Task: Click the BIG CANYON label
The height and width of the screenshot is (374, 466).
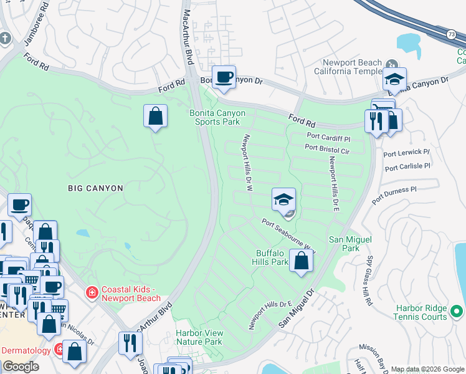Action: [95, 188]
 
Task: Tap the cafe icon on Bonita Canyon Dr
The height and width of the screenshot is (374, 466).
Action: [224, 77]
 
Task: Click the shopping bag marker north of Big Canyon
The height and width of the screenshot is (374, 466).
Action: [155, 115]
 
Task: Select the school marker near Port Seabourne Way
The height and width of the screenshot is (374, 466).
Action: [283, 200]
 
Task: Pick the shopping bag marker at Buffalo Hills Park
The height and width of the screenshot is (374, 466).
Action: [301, 261]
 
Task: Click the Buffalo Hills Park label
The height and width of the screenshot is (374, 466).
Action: [272, 257]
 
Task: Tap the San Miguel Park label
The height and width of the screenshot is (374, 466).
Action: [344, 244]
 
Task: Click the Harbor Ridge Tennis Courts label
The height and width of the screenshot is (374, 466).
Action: [422, 312]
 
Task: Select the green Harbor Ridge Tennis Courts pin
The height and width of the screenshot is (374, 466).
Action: [457, 310]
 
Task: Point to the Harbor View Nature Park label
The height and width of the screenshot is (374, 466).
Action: [199, 337]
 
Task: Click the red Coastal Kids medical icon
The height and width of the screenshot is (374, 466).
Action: [92, 292]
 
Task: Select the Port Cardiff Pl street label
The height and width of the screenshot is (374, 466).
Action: [329, 136]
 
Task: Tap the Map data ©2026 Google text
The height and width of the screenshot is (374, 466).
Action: [427, 369]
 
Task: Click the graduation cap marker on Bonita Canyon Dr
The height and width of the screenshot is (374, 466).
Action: [394, 79]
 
